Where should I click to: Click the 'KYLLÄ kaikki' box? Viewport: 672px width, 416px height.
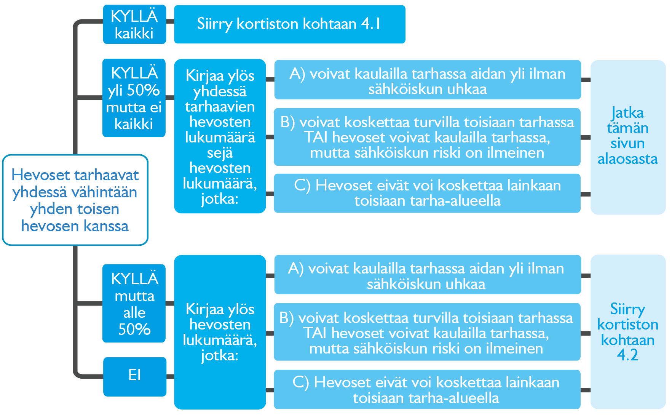[134, 24]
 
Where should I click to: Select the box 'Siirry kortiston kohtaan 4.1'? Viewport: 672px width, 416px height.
[289, 24]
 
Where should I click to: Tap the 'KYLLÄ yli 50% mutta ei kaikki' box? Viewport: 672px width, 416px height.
[134, 98]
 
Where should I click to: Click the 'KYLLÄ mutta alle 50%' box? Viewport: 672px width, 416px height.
[134, 304]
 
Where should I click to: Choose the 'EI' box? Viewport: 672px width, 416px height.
[135, 376]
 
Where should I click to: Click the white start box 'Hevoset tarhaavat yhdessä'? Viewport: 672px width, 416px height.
[75, 200]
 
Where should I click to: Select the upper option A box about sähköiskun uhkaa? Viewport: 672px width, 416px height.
[427, 80]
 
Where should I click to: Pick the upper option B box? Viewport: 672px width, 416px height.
[427, 137]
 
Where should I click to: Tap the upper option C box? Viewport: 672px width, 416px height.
[427, 193]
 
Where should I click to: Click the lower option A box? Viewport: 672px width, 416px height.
[427, 275]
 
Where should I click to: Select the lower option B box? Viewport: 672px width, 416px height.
[427, 332]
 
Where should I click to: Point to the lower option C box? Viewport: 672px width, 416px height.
[427, 390]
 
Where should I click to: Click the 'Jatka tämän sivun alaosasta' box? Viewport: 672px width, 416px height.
[627, 137]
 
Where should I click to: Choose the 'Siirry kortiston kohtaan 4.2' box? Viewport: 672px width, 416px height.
[627, 331]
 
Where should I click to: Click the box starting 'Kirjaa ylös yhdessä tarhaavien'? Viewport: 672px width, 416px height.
[220, 136]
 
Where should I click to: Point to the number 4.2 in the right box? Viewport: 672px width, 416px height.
[627, 355]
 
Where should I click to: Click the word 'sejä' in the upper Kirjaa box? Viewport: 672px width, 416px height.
[220, 153]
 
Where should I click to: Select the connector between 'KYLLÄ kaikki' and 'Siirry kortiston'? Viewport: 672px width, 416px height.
[170, 22]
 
